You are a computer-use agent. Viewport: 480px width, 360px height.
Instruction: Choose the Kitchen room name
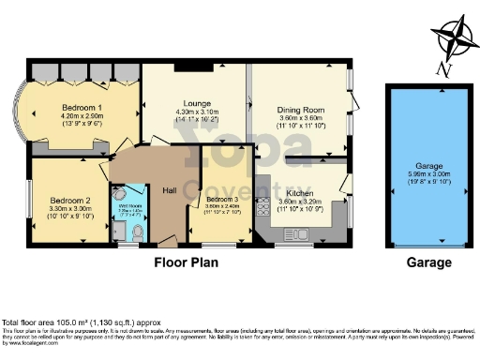300,190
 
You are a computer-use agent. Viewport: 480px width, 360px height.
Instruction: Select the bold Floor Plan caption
187,263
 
